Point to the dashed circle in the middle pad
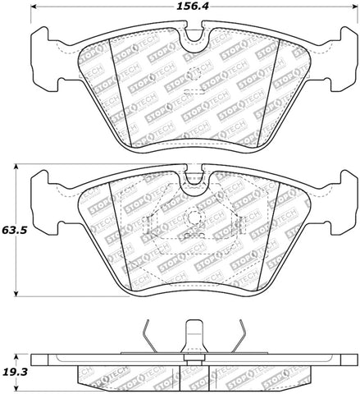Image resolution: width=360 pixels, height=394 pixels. point(194,221)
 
